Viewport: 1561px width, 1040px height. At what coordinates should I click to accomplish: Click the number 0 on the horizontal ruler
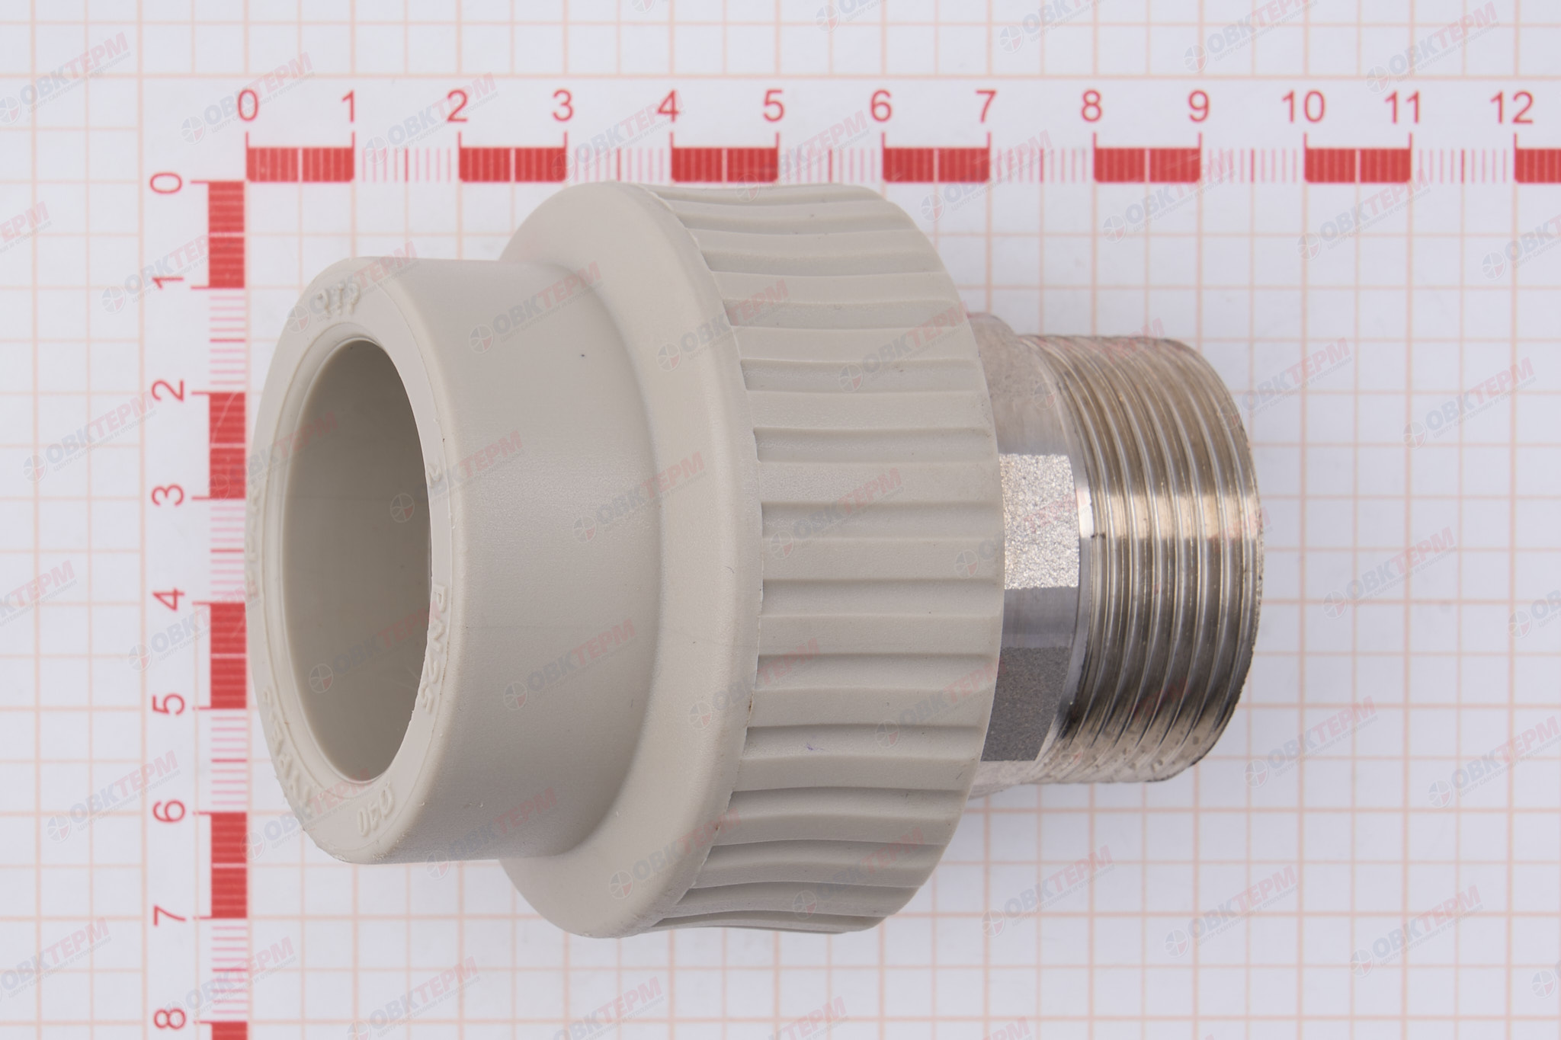(x=246, y=108)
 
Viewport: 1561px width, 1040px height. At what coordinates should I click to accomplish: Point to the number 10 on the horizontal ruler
(x=1304, y=108)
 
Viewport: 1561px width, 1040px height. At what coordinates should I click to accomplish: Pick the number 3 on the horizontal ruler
(x=563, y=108)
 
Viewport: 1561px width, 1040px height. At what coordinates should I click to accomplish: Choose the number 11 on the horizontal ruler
(x=1406, y=108)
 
